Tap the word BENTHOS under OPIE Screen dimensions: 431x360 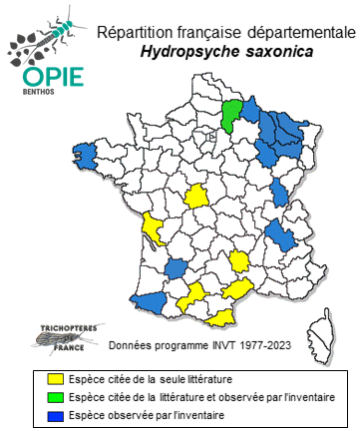tap(40, 95)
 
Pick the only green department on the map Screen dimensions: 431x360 tap(231, 113)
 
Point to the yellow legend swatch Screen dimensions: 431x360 tap(55, 379)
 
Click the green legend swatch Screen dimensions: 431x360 tap(55, 396)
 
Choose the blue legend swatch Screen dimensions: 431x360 tap(55, 413)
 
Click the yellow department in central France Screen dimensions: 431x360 tap(197, 197)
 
